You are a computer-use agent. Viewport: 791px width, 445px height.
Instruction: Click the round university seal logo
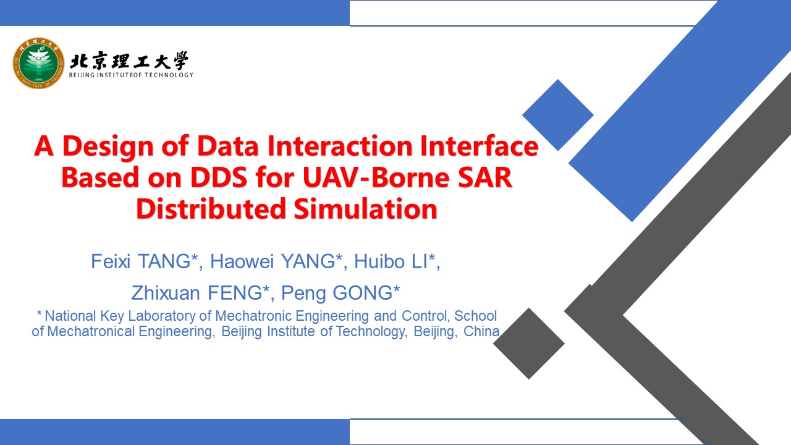[x=38, y=63]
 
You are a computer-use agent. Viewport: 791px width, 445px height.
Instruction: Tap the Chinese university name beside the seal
[x=129, y=61]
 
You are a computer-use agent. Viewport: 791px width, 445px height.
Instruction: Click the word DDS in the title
[x=219, y=177]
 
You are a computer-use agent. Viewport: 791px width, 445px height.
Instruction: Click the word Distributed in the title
[x=211, y=209]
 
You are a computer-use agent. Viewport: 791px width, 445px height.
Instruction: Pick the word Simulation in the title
[x=365, y=209]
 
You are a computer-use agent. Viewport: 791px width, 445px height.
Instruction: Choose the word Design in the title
[x=108, y=146]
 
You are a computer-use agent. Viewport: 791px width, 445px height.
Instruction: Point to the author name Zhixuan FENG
[x=197, y=293]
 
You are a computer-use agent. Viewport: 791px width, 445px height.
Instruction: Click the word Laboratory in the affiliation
[x=162, y=316]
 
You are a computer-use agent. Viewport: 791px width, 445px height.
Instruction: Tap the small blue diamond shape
[x=558, y=115]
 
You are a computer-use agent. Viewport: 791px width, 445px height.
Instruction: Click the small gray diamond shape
[x=529, y=344]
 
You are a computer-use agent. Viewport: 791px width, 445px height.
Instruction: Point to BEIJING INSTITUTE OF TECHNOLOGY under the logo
[x=131, y=75]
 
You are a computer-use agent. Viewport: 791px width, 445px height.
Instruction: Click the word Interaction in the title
[x=340, y=145]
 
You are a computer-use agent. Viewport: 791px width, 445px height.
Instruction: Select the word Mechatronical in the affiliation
[x=91, y=331]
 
